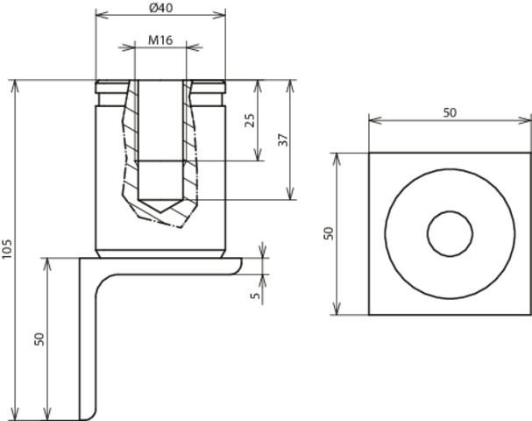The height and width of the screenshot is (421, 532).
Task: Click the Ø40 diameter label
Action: tap(160, 8)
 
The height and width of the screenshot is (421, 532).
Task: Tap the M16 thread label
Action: tap(160, 40)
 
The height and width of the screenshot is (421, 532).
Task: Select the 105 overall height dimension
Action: tap(7, 248)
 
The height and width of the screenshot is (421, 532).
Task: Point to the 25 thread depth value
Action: tap(250, 120)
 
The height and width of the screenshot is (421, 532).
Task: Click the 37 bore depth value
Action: tap(283, 139)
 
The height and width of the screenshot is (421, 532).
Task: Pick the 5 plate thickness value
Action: tap(255, 296)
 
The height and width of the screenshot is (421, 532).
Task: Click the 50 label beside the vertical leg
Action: tap(39, 339)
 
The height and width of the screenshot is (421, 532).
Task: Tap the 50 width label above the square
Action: tap(450, 113)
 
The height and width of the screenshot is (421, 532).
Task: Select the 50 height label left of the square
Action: tap(329, 233)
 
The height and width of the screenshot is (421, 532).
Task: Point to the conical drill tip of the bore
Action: tap(160, 206)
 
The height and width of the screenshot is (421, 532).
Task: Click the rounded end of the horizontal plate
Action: tap(239, 266)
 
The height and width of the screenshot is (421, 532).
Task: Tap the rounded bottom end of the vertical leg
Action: tap(89, 416)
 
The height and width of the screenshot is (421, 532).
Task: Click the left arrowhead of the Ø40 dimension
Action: tap(102, 15)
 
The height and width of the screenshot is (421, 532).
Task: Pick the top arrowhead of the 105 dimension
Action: tap(15, 86)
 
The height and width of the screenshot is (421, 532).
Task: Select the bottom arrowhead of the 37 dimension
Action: tap(290, 194)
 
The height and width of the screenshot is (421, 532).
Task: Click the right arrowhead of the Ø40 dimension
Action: tap(219, 15)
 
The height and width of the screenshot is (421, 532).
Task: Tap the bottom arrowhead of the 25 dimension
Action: tap(259, 154)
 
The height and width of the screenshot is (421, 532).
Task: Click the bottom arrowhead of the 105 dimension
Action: tap(15, 414)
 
